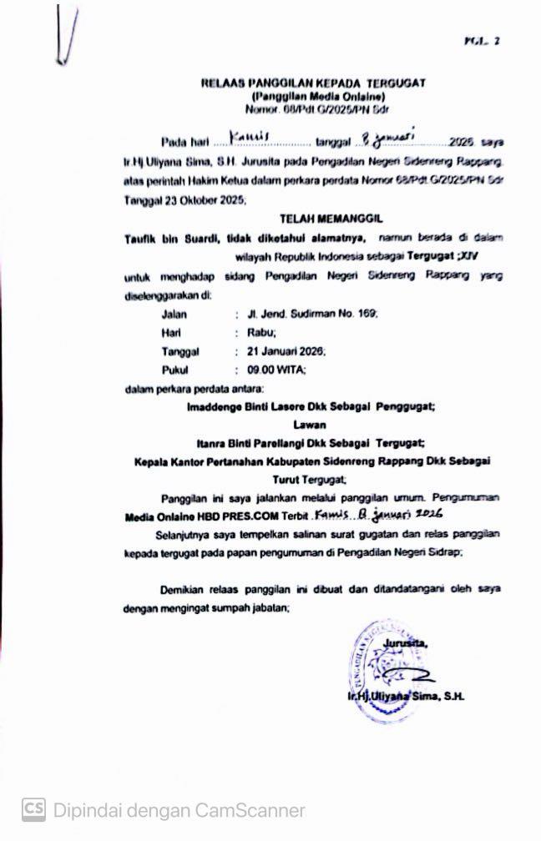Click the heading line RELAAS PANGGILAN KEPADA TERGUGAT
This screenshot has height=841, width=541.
pyautogui.click(x=313, y=83)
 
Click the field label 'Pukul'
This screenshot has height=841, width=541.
pyautogui.click(x=175, y=370)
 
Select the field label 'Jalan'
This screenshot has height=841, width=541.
pyautogui.click(x=174, y=315)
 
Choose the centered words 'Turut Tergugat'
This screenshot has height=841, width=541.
pyautogui.click(x=310, y=480)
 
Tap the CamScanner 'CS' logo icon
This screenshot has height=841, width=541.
pyautogui.click(x=33, y=808)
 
